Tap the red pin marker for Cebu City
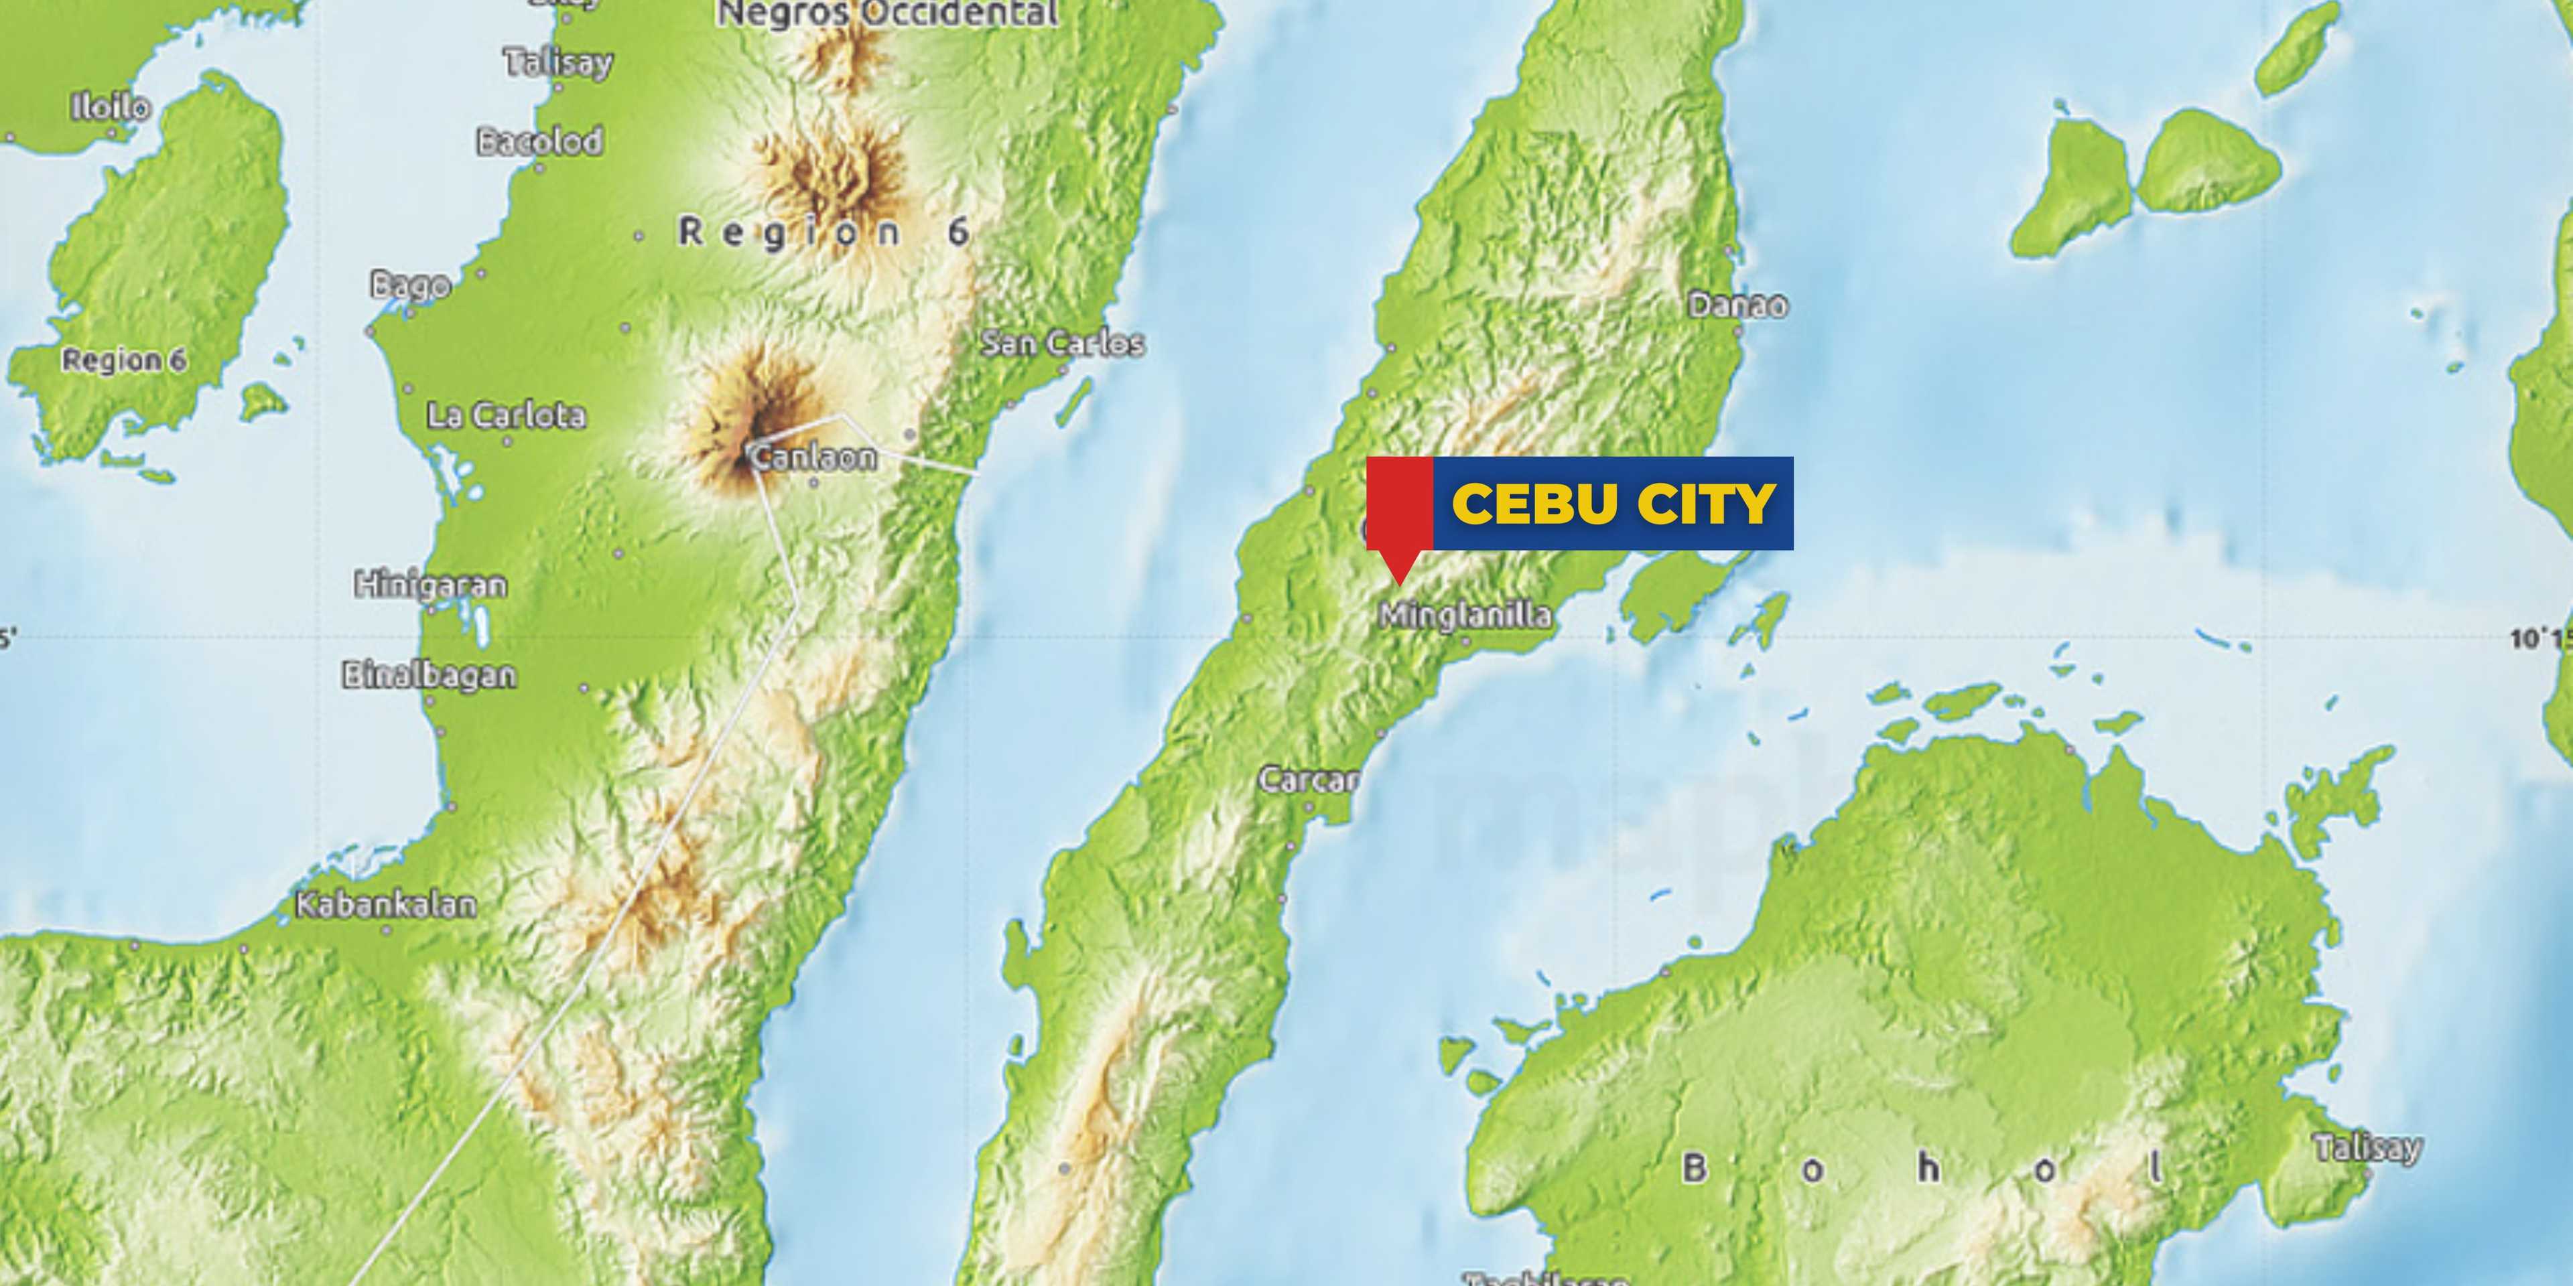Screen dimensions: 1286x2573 [1399, 514]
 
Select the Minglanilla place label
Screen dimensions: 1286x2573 [1465, 615]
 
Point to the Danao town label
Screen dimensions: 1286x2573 [1737, 305]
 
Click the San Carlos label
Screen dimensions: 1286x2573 [1062, 344]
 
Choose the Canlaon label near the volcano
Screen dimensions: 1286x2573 [814, 457]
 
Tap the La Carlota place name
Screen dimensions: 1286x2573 [507, 415]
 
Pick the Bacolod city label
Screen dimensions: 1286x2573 [539, 142]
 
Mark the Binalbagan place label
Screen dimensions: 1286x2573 [430, 675]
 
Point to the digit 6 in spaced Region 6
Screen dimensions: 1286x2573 [958, 232]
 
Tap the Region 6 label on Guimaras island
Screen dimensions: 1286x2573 [124, 360]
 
